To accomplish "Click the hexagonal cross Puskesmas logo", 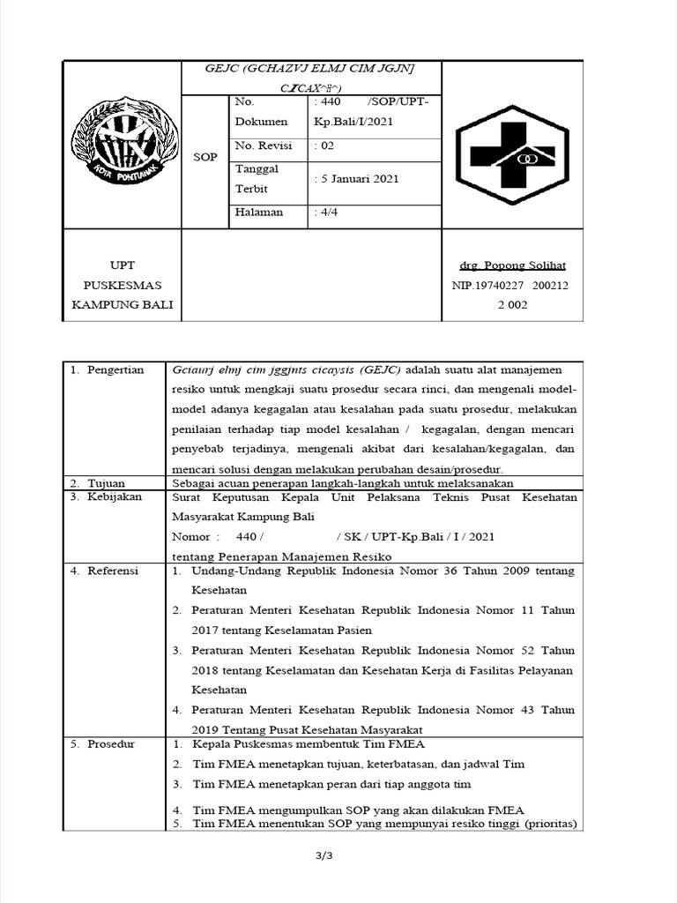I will click(x=512, y=155).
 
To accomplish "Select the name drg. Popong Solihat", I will click(x=512, y=265).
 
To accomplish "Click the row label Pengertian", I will click(x=115, y=369).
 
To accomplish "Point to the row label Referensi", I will click(x=113, y=571).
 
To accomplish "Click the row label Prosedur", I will click(x=110, y=744).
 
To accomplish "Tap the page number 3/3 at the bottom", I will click(x=338, y=855).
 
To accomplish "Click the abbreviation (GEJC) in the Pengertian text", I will click(x=377, y=369).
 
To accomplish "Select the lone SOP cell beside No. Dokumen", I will click(x=205, y=157).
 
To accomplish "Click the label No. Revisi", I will click(x=264, y=146).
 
